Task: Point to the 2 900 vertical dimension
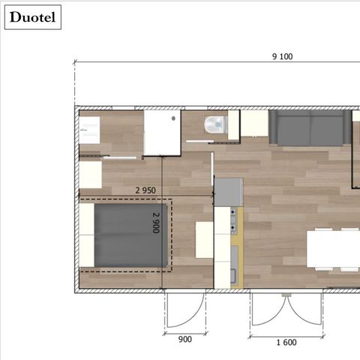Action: (156, 223)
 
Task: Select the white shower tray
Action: (163, 133)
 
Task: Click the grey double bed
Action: (130, 236)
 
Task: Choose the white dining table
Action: (333, 250)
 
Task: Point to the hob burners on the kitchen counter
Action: (235, 219)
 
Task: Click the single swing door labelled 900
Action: (184, 309)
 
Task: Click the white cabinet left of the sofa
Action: (254, 124)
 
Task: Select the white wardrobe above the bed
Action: (91, 175)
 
